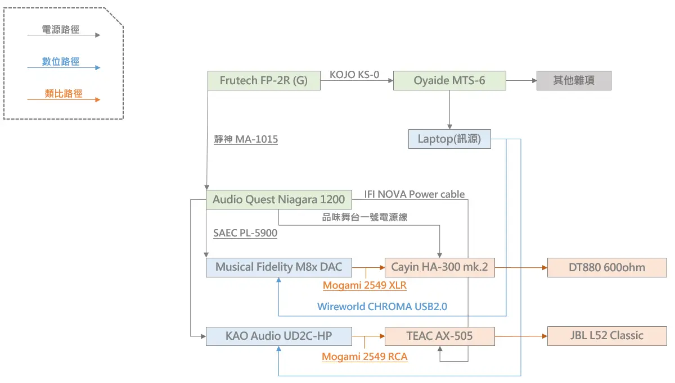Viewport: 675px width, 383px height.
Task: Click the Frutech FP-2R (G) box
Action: point(264,80)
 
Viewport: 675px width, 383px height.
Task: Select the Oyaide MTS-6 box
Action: point(449,80)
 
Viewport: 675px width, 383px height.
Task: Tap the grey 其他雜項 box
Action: point(573,80)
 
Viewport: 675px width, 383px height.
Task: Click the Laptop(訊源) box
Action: point(449,139)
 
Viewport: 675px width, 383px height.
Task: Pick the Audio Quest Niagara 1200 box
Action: point(279,199)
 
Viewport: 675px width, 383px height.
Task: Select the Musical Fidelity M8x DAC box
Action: point(279,267)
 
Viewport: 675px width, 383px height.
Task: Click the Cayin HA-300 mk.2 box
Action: point(439,267)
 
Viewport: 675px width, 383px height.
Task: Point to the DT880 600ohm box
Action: point(607,267)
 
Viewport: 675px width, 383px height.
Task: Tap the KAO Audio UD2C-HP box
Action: point(279,336)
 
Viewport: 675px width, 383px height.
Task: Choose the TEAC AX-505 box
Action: point(439,336)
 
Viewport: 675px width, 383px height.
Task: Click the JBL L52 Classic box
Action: point(607,336)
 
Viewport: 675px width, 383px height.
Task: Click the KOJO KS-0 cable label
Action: point(354,74)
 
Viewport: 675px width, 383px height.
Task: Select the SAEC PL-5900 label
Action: point(245,232)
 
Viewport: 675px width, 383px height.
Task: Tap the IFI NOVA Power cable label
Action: point(415,194)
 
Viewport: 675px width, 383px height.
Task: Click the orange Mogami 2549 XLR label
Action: point(364,285)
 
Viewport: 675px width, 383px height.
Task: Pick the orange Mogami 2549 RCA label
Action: point(364,357)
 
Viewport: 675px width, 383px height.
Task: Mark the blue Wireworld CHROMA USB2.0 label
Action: point(382,307)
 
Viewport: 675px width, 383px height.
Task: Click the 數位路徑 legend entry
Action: point(61,62)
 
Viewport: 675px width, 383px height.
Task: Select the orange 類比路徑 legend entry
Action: point(64,94)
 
